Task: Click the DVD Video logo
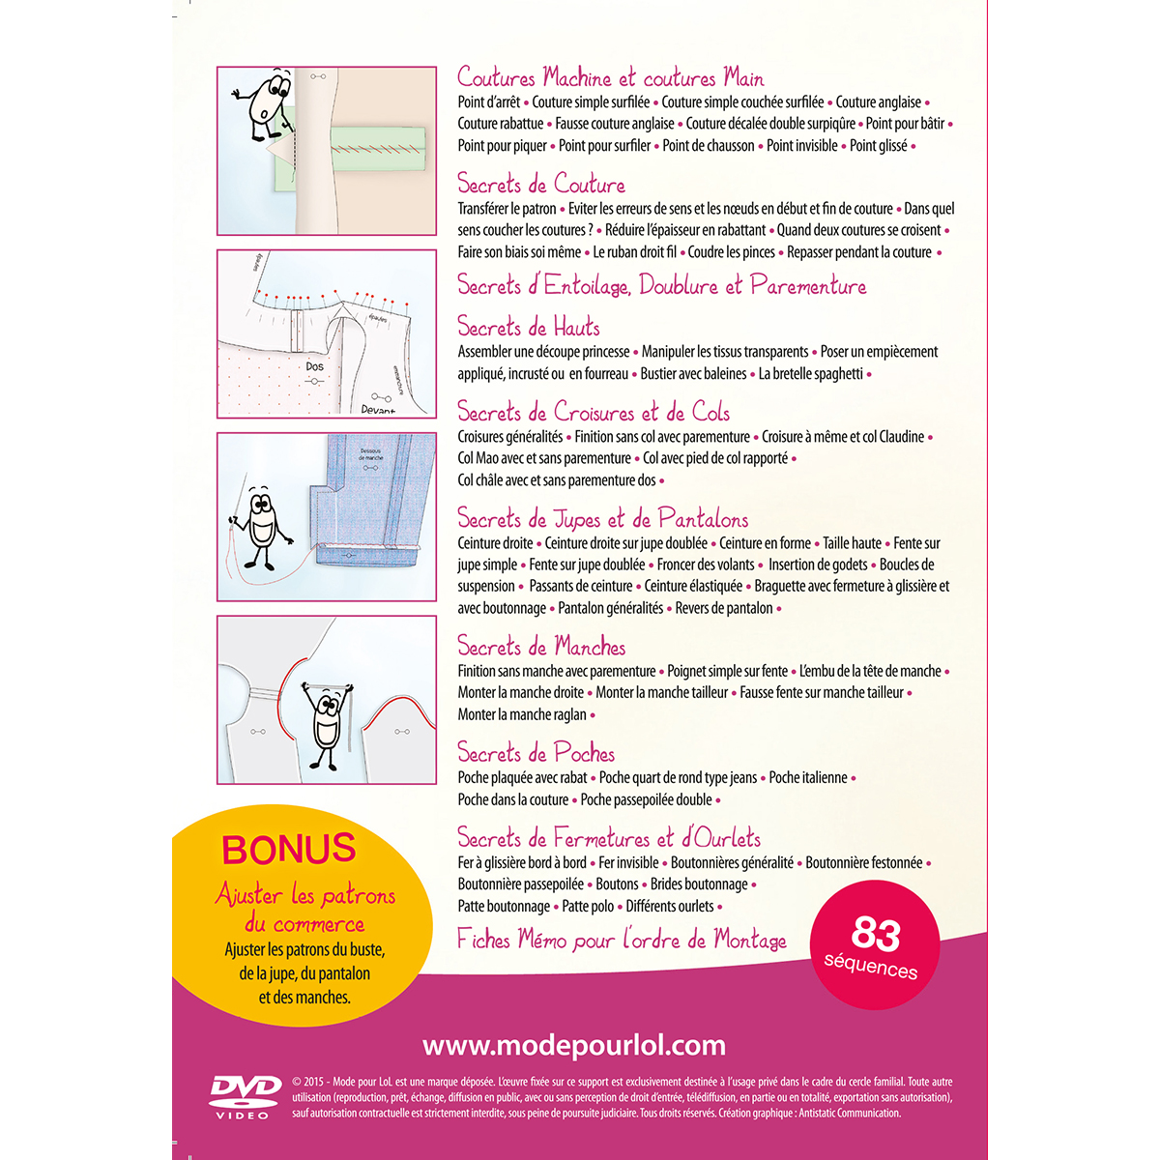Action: tap(246, 1095)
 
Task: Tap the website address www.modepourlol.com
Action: tap(574, 1045)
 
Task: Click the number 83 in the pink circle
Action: tap(876, 933)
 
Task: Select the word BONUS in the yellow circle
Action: tap(289, 849)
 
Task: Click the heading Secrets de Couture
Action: tap(540, 184)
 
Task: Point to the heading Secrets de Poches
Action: tap(536, 753)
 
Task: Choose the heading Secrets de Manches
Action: tap(540, 647)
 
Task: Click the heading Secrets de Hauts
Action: tap(528, 327)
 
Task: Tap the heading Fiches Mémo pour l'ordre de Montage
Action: tap(621, 940)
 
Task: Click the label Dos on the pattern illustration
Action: tap(315, 366)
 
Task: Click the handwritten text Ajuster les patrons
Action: tap(305, 895)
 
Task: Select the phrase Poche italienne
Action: tap(808, 777)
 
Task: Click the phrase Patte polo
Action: tap(588, 906)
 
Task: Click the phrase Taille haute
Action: tap(852, 543)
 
